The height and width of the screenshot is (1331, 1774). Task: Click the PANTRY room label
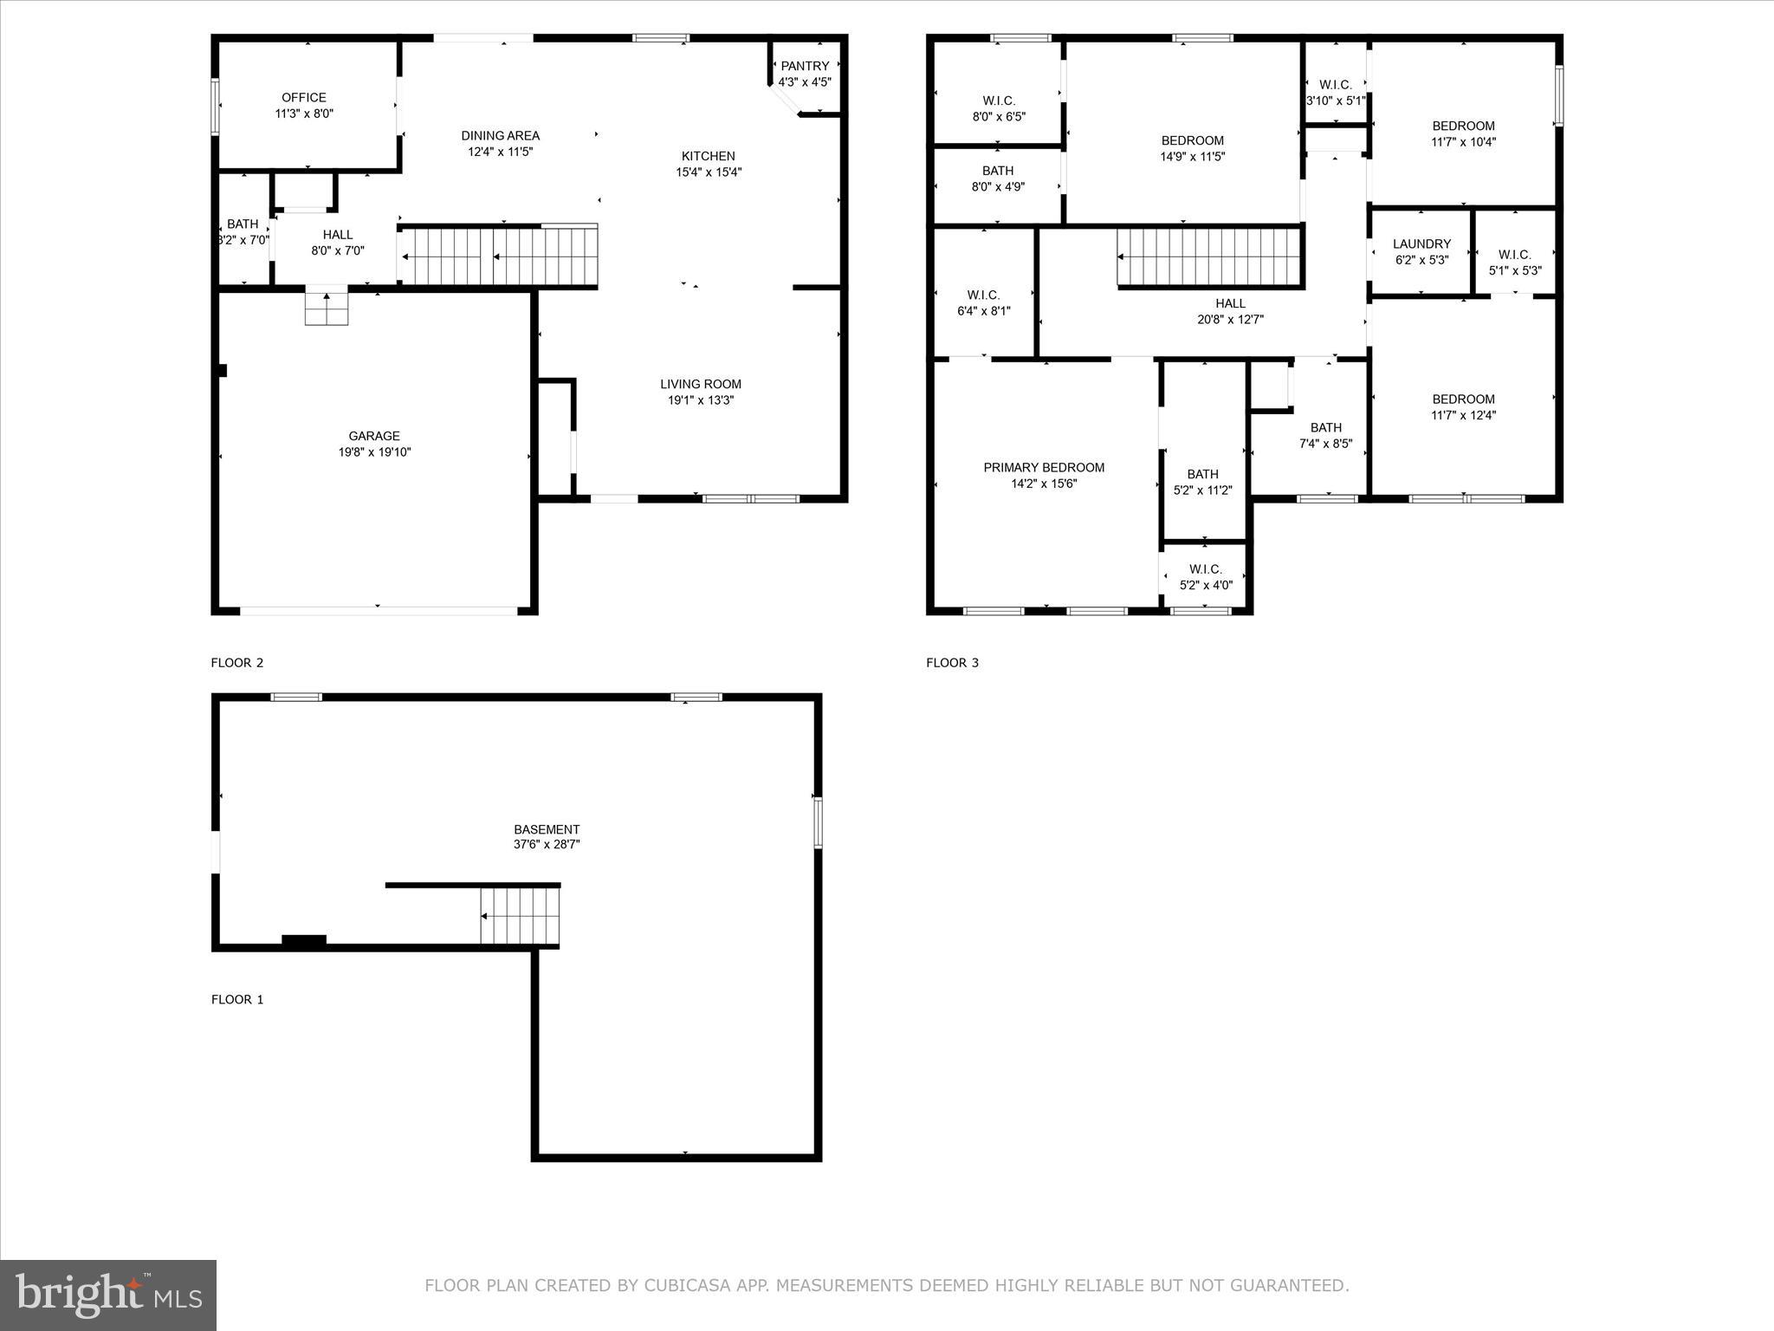(805, 66)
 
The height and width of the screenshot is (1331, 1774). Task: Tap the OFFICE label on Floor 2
(304, 98)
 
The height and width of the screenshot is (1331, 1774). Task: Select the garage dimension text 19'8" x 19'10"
(374, 452)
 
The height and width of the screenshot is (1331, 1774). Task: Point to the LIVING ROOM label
(701, 384)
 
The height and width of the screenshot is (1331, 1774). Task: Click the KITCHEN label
(708, 156)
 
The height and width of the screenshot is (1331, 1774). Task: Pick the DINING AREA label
(500, 135)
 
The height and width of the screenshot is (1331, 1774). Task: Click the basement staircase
(520, 917)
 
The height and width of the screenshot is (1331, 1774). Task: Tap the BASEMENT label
(546, 829)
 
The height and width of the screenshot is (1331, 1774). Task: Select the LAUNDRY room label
(1421, 244)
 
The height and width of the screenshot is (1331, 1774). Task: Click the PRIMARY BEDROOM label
(1044, 468)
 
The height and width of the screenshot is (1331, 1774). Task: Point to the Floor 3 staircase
(1209, 257)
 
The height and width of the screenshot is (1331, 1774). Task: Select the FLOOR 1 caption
(237, 999)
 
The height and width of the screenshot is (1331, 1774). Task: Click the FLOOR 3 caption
(952, 663)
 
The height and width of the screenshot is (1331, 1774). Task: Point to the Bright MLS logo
(108, 1295)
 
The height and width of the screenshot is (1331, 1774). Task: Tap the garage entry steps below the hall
(327, 308)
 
